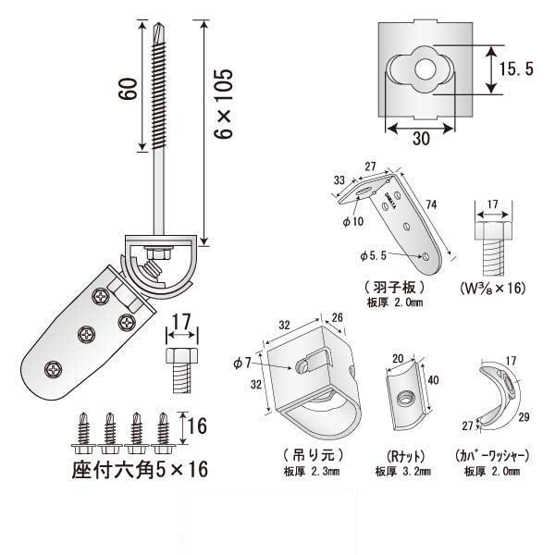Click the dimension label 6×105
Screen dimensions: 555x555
(x=223, y=103)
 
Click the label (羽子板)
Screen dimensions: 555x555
(x=394, y=288)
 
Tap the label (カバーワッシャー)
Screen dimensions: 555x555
(x=492, y=455)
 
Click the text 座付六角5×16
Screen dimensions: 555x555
(x=139, y=469)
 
